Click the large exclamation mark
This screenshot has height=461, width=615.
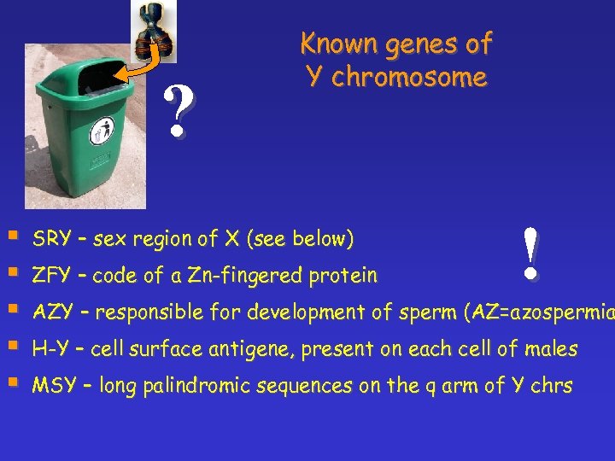pos(530,254)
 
